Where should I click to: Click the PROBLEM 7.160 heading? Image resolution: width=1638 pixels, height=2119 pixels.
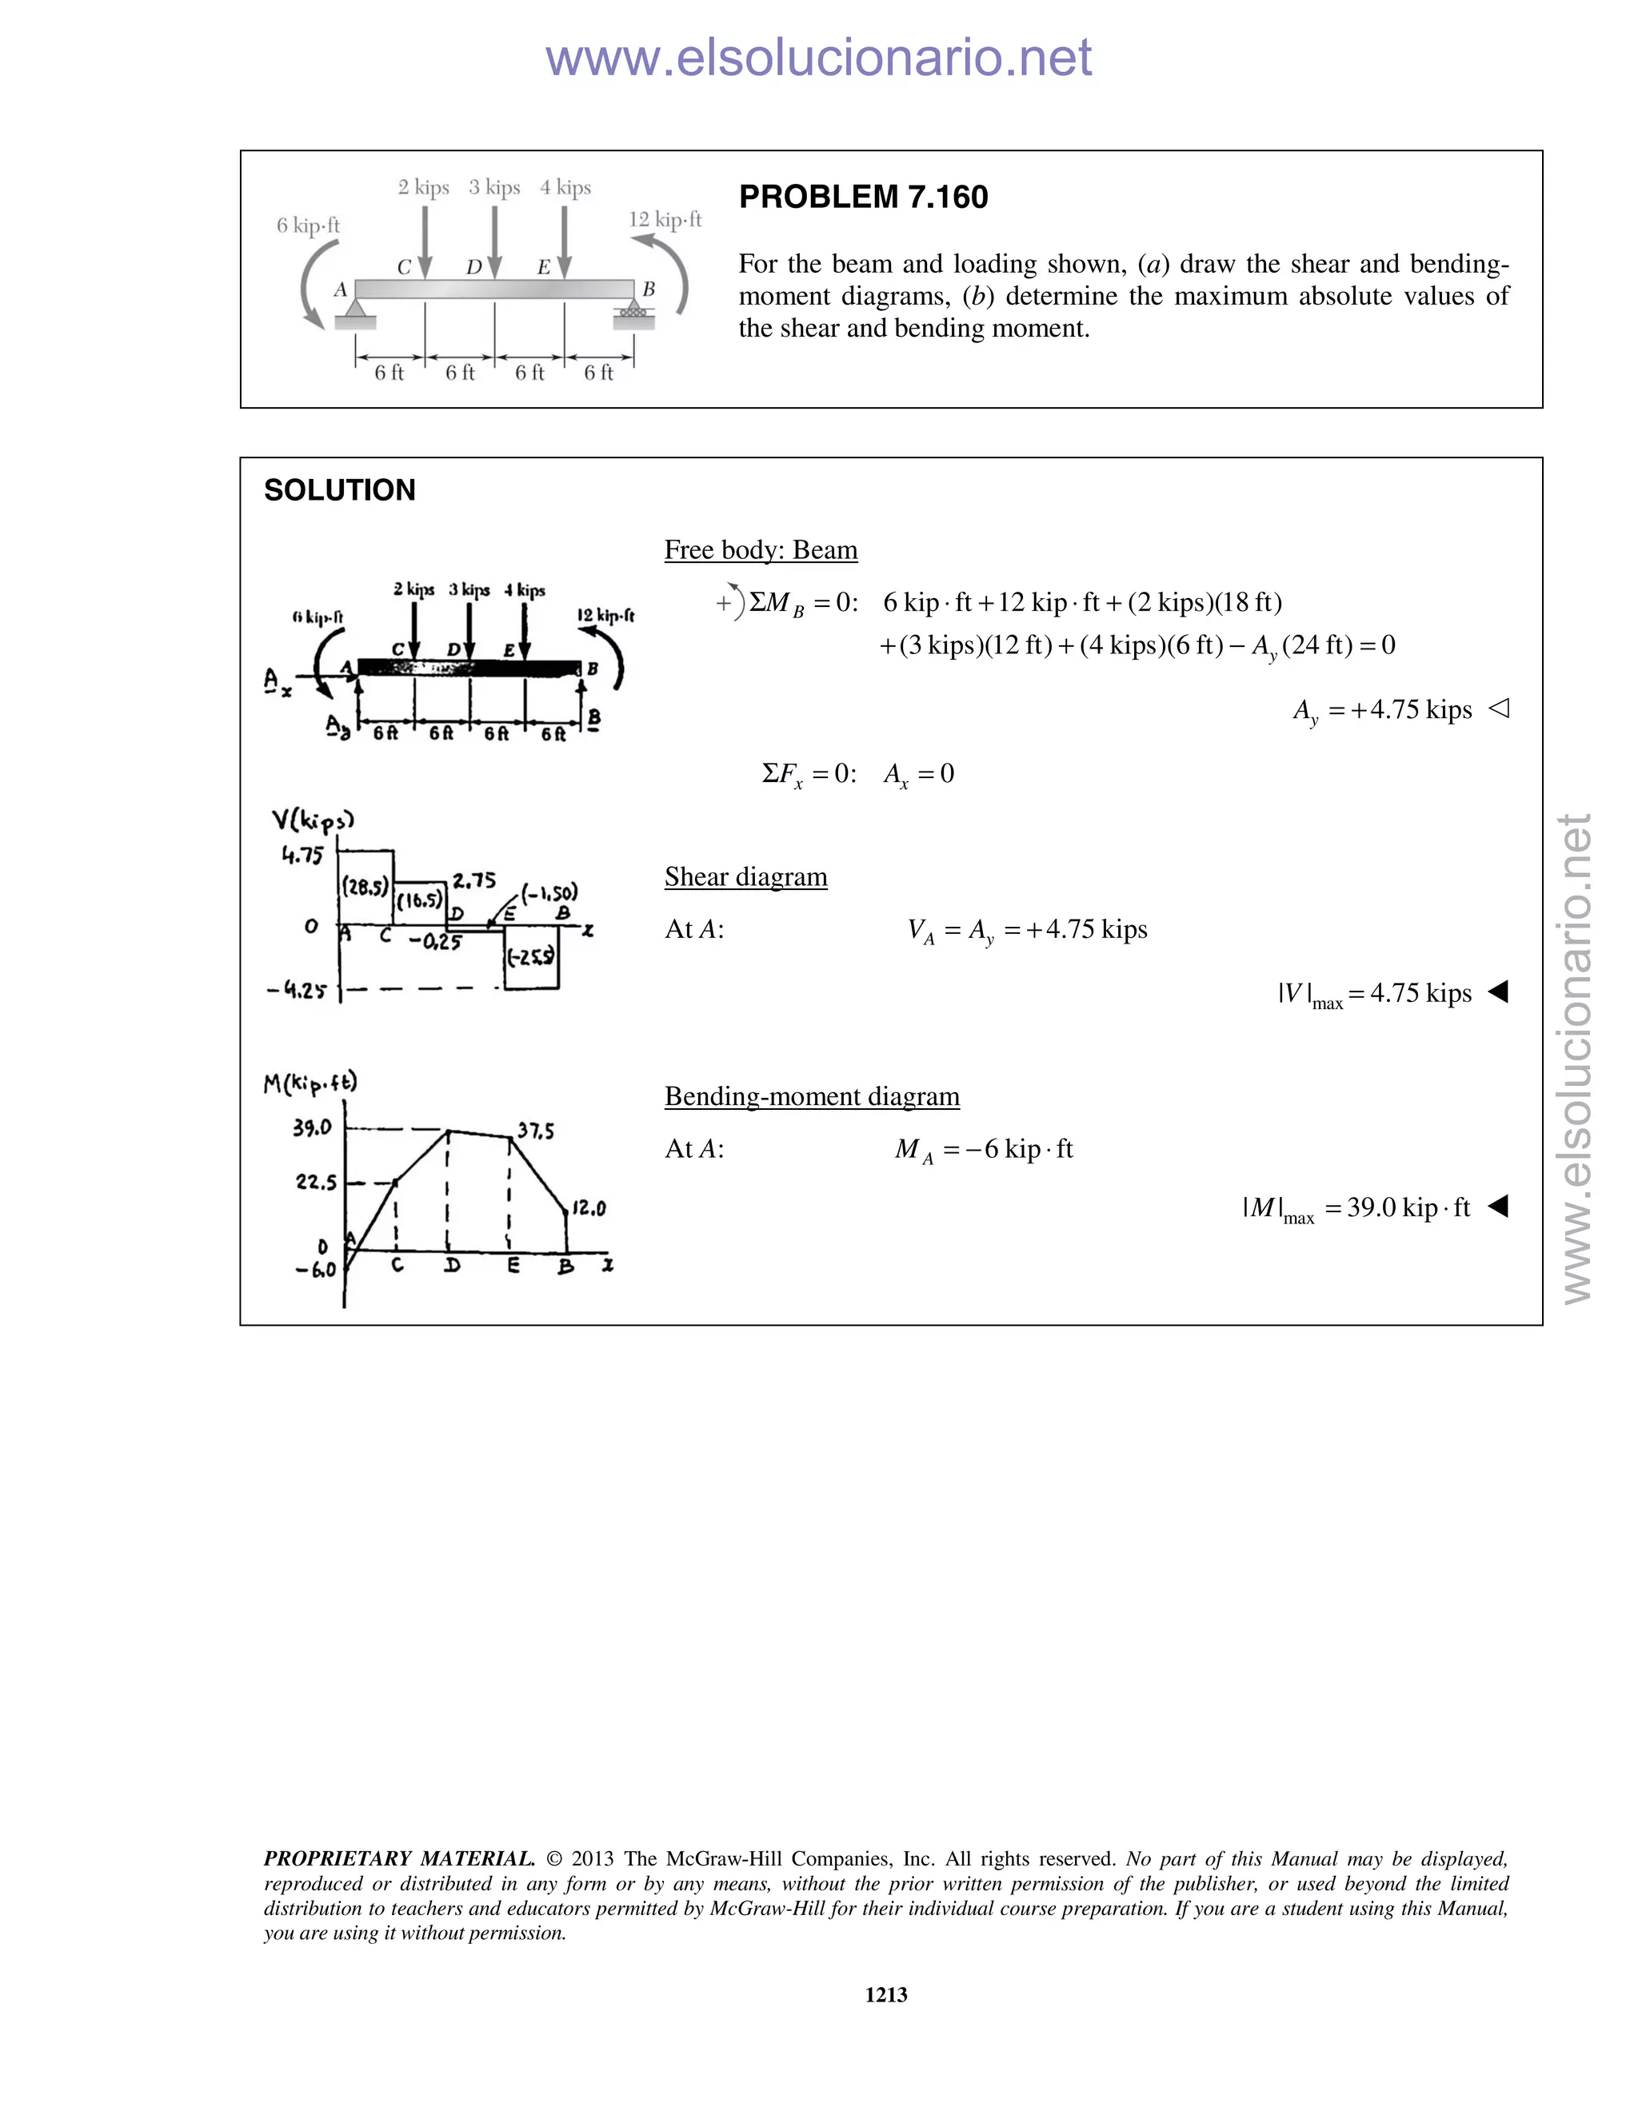coord(863,197)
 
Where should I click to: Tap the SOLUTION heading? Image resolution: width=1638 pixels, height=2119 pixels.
coord(340,490)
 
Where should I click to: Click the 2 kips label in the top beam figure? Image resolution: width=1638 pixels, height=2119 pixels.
coord(423,187)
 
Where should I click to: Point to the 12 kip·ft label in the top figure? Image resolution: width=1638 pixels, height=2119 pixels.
coord(665,219)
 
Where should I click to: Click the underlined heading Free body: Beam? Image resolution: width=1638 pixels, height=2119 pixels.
coord(761,550)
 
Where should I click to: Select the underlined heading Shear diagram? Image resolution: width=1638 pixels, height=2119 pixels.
coord(745,877)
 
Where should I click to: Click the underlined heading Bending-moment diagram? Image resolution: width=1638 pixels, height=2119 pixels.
coord(811,1096)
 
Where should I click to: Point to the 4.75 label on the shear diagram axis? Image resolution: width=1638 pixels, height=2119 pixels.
coord(302,855)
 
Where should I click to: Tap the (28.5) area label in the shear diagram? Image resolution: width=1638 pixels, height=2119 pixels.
coord(366,887)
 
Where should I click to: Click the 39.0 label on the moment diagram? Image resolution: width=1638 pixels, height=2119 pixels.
coord(311,1127)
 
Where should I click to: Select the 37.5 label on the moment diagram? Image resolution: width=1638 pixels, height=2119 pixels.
coord(536,1131)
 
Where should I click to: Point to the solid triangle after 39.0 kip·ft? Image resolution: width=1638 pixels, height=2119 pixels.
coord(1498,1206)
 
